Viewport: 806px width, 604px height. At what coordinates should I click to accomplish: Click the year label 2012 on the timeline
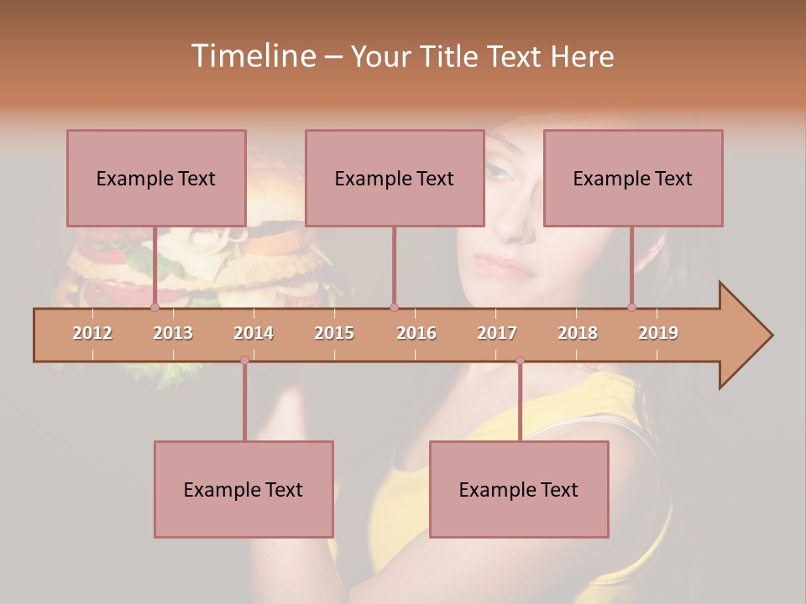92,333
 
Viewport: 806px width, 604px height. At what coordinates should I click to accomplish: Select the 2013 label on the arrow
173,333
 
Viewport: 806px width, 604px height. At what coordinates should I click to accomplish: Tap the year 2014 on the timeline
254,333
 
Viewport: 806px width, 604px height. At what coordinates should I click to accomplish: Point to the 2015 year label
334,333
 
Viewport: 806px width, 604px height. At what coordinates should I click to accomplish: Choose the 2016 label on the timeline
416,333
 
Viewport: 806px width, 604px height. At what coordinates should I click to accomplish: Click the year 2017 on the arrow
497,333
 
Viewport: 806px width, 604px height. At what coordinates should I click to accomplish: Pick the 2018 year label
578,333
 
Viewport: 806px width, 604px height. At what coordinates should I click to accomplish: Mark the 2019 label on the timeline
658,333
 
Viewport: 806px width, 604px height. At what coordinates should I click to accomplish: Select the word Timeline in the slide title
253,56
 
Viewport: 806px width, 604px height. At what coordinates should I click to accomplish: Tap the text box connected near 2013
156,178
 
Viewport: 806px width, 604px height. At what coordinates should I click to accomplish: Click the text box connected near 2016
395,178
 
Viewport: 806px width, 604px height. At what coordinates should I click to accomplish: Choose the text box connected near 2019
633,178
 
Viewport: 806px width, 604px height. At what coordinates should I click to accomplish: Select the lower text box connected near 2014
243,489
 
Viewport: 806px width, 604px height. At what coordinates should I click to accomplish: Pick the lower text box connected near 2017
519,489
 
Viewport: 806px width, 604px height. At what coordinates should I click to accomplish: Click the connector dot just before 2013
154,307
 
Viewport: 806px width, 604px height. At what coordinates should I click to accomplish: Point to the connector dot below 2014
244,361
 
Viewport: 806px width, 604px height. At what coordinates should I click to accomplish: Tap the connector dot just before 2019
631,307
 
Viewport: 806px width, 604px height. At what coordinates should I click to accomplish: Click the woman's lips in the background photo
505,267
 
